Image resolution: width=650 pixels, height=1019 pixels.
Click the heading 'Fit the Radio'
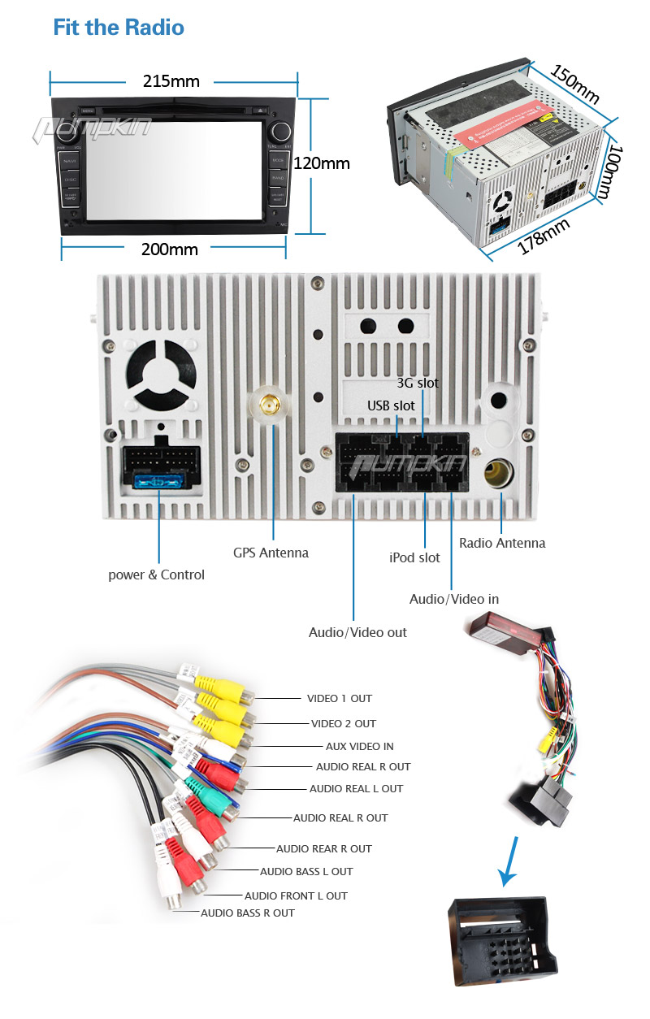click(119, 28)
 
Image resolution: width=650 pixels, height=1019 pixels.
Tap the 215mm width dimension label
click(171, 81)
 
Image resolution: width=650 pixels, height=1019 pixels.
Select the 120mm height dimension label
click(321, 163)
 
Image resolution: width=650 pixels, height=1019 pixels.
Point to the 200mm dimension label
click(170, 249)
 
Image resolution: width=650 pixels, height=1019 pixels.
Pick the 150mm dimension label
click(574, 85)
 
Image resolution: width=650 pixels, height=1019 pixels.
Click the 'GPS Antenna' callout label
click(271, 553)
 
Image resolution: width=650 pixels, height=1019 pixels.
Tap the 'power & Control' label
click(156, 575)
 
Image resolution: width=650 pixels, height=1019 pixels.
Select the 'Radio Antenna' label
click(502, 543)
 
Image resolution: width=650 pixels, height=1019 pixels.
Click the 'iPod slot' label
click(414, 557)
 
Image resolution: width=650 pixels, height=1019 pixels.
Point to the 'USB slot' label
click(391, 405)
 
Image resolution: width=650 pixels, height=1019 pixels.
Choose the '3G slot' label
click(417, 383)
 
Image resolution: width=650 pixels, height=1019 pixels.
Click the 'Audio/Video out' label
click(357, 632)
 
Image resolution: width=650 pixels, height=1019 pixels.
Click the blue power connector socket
click(160, 483)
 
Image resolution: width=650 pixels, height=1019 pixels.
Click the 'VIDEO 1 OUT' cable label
click(339, 698)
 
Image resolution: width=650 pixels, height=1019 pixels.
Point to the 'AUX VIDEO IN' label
click(359, 746)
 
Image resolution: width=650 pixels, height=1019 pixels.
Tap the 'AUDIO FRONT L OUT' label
click(296, 895)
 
